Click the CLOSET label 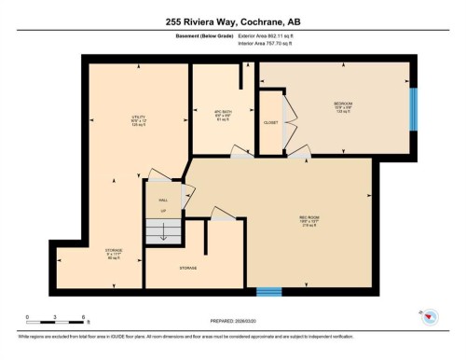(269, 121)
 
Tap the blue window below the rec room (268, 292)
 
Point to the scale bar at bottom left (56, 322)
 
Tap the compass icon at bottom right (430, 317)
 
